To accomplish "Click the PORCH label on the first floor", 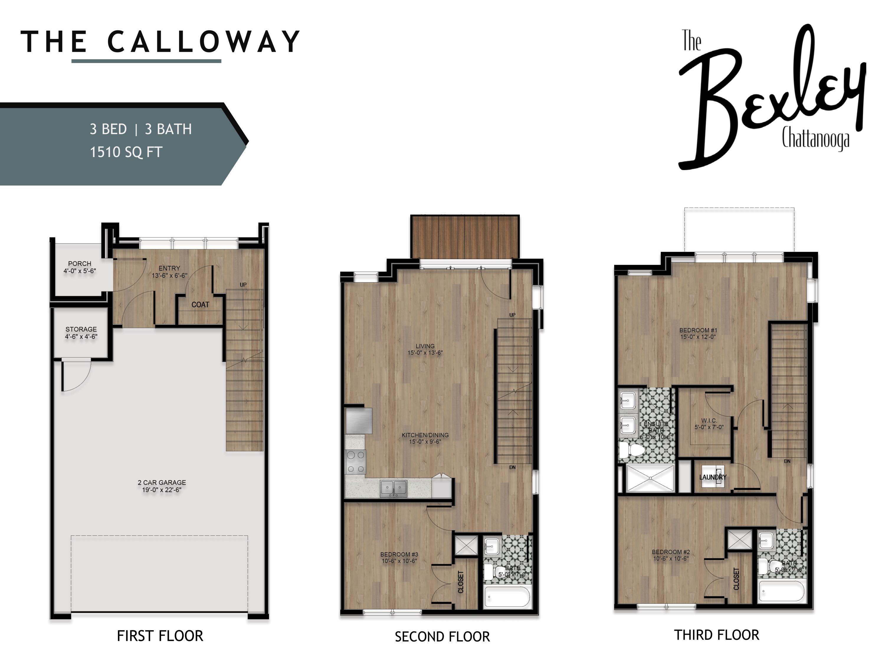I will coord(80,264).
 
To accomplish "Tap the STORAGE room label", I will coord(81,329).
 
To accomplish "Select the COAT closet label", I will coord(200,304).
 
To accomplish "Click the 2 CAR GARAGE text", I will coord(162,482).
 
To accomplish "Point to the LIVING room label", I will coord(425,346).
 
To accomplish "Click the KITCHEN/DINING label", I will coord(425,435).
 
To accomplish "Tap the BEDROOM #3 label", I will coord(399,554).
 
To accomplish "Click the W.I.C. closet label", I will coord(709,420).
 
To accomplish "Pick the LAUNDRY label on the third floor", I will coord(712,477).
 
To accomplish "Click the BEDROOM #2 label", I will coord(671,552).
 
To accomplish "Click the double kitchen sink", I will coord(394,488).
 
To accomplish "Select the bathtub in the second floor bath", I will coord(507,598).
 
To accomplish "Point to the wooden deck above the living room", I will coord(465,237).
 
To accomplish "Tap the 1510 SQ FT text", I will coord(126,152).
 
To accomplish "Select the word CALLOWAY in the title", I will coord(204,42).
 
